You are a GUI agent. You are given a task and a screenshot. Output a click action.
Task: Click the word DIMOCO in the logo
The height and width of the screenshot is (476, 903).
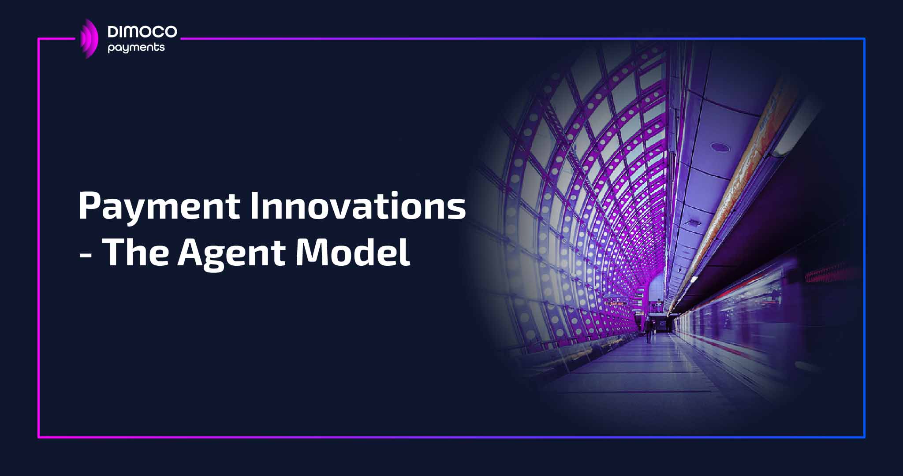[142, 32]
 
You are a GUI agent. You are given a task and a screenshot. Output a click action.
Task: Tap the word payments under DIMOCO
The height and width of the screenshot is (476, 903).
[136, 48]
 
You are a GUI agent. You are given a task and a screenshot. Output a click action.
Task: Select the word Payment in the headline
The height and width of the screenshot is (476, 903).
[159, 206]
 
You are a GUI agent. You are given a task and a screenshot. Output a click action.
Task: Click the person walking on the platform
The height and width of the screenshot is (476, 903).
[648, 330]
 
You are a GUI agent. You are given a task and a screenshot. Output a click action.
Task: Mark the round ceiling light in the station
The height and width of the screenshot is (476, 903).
[720, 147]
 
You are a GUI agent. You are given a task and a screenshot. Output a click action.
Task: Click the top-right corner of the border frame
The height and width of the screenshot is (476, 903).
[864, 39]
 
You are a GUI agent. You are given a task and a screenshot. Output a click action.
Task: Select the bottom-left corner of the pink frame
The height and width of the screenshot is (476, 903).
[39, 437]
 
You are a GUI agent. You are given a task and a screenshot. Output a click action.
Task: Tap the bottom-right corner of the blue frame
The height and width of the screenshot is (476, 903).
[864, 437]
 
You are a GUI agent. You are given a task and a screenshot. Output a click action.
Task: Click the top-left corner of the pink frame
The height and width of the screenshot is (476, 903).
[39, 39]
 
